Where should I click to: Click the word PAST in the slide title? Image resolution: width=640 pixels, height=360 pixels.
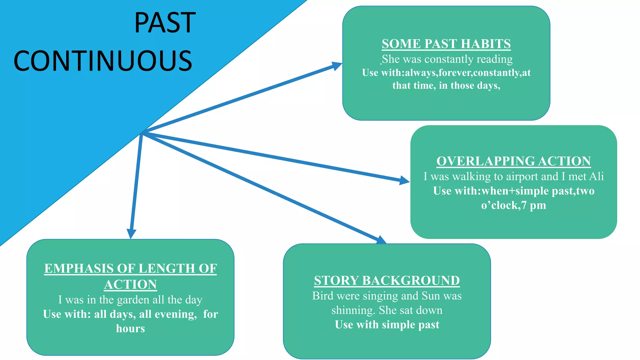click(x=165, y=22)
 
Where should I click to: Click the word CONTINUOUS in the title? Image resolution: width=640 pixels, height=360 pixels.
click(x=103, y=61)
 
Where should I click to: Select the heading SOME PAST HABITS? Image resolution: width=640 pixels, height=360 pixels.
click(x=446, y=44)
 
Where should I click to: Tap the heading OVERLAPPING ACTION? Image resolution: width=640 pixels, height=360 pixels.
click(x=513, y=161)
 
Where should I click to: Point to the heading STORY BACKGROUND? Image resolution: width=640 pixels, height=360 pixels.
click(x=387, y=281)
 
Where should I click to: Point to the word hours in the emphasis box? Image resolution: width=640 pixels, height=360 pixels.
click(x=130, y=329)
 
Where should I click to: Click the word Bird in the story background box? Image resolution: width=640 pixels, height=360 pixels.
click(x=323, y=296)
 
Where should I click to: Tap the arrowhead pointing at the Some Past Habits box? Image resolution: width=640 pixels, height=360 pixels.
click(x=337, y=66)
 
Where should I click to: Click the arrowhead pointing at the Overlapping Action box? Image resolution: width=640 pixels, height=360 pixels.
click(x=404, y=180)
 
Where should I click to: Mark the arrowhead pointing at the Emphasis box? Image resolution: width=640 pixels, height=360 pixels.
click(x=131, y=233)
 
